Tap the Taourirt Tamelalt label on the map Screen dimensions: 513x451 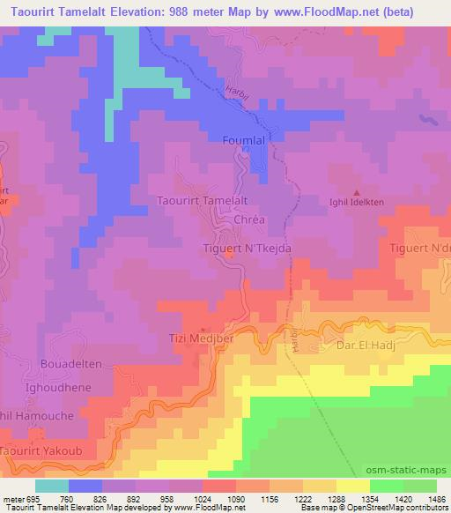tap(202, 201)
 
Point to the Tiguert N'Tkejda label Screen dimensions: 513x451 tap(241, 249)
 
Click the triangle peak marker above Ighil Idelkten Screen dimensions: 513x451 tap(357, 191)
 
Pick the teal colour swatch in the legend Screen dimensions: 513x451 tap(52, 486)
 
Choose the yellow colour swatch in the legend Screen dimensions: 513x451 tap(352, 486)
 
